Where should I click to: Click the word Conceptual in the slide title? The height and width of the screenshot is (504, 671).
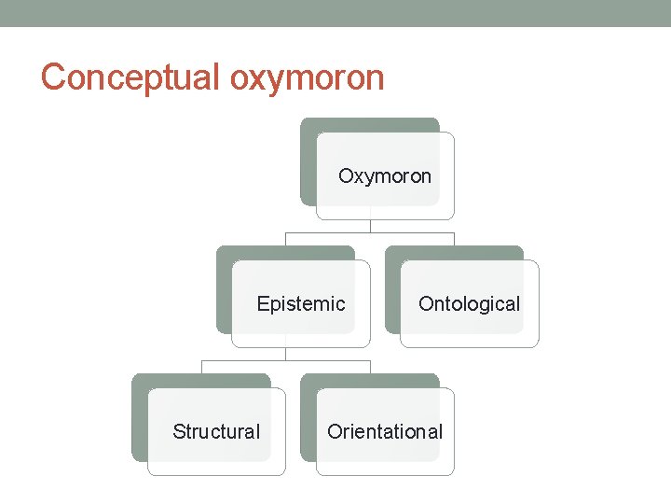[130, 77]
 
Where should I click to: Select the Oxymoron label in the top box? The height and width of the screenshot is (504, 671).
[385, 175]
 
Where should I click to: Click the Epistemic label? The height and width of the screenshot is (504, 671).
[301, 303]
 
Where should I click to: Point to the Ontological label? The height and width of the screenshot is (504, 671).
[469, 303]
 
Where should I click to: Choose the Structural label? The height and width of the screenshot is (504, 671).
[216, 431]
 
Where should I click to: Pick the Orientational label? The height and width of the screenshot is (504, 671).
[385, 431]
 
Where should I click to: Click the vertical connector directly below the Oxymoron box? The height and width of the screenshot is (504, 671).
[370, 225]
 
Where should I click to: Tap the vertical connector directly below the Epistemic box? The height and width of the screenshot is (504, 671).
[286, 353]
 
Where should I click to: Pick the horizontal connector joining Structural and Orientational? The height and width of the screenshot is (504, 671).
[242, 359]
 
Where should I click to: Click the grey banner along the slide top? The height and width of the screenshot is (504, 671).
[335, 13]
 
